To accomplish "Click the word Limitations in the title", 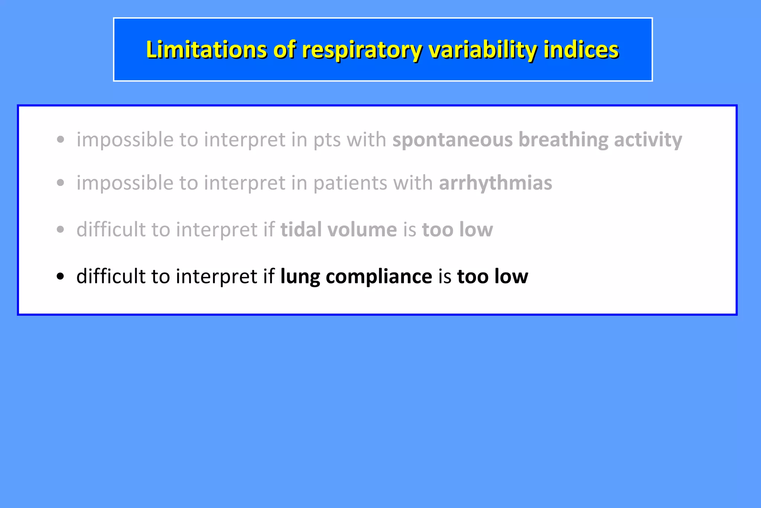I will point(206,49).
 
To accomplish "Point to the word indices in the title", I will point(581,49).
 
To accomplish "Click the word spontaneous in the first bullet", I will point(452,140).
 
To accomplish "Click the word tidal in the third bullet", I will point(301,229).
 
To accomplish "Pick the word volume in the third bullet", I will point(362,229).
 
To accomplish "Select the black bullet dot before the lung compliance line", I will point(61,277).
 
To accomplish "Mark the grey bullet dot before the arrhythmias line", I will point(61,183).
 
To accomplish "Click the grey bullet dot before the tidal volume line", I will point(61,229).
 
